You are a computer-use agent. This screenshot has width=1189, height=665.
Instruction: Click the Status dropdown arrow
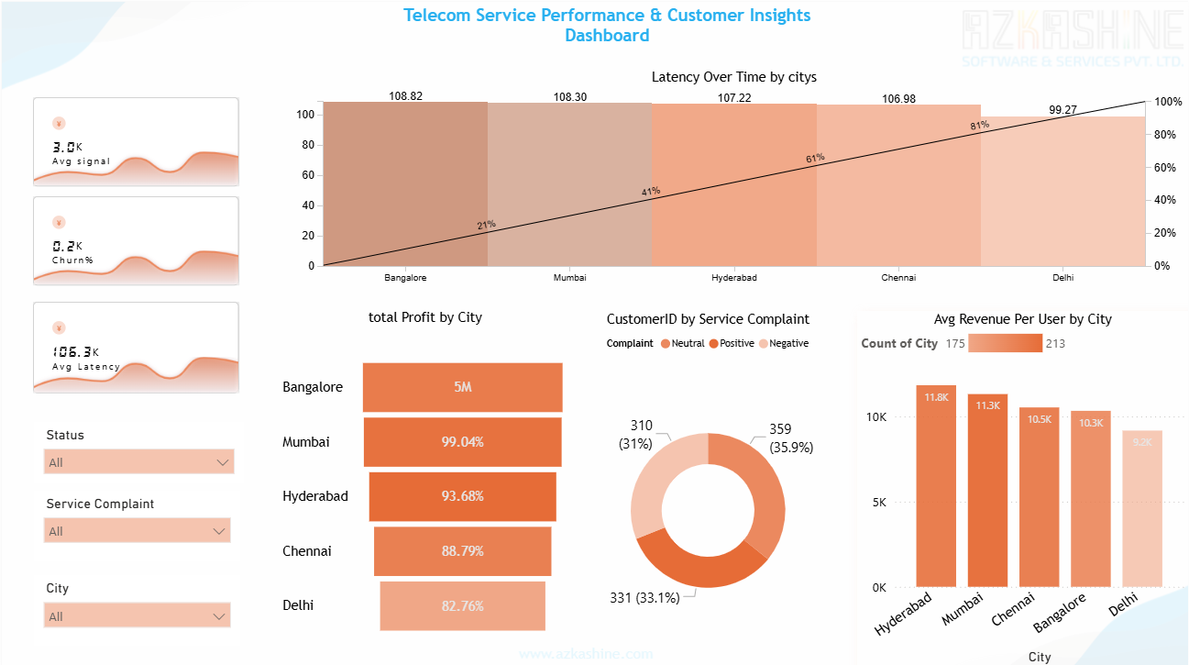click(223, 462)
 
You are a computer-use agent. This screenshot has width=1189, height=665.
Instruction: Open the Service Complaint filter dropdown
click(137, 531)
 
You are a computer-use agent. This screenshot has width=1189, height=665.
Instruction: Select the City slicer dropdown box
click(137, 615)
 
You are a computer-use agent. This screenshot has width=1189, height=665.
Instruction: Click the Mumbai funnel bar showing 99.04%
click(462, 442)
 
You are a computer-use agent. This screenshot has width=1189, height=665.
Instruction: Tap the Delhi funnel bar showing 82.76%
click(462, 606)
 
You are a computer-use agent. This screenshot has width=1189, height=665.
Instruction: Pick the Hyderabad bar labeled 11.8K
click(936, 486)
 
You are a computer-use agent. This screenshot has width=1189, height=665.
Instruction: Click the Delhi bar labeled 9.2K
click(1142, 509)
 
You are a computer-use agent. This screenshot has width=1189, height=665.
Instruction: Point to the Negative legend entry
click(789, 343)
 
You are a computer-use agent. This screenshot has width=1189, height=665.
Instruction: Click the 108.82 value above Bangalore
click(405, 95)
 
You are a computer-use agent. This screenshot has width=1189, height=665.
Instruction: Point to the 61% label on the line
click(815, 158)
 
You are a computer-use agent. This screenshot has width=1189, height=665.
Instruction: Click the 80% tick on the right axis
click(1164, 135)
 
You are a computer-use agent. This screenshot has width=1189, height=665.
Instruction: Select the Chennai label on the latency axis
click(898, 277)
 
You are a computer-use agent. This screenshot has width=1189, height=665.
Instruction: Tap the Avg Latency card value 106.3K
click(75, 351)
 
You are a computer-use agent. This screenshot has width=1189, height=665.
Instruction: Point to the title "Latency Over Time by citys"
click(733, 77)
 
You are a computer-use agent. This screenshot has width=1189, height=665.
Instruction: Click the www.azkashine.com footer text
click(586, 654)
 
